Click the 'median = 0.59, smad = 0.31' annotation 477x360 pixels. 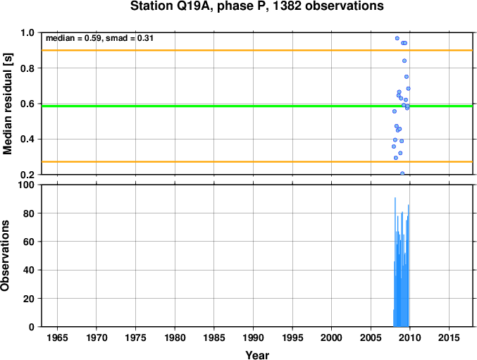click(x=99, y=38)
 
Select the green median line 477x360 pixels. click(x=257, y=106)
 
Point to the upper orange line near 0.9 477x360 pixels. click(x=257, y=50)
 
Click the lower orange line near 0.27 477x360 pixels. click(x=257, y=162)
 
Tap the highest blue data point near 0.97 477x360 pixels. click(x=397, y=38)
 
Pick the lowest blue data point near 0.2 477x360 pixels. click(x=402, y=173)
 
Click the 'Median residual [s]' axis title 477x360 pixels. click(x=7, y=104)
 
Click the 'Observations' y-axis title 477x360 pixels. click(x=5, y=256)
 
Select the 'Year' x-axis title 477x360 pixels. click(x=257, y=355)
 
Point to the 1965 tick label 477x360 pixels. click(x=57, y=337)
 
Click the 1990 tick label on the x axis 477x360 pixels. click(x=253, y=337)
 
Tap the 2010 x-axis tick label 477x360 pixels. click(x=410, y=337)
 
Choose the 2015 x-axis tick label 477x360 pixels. click(x=449, y=337)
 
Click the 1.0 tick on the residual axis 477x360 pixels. click(x=27, y=32)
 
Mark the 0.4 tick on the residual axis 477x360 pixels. click(x=27, y=139)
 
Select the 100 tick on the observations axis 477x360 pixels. click(x=26, y=185)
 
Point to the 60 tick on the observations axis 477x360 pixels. click(x=29, y=242)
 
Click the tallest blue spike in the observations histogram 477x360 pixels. click(x=395, y=262)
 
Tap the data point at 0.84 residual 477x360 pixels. click(x=404, y=61)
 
